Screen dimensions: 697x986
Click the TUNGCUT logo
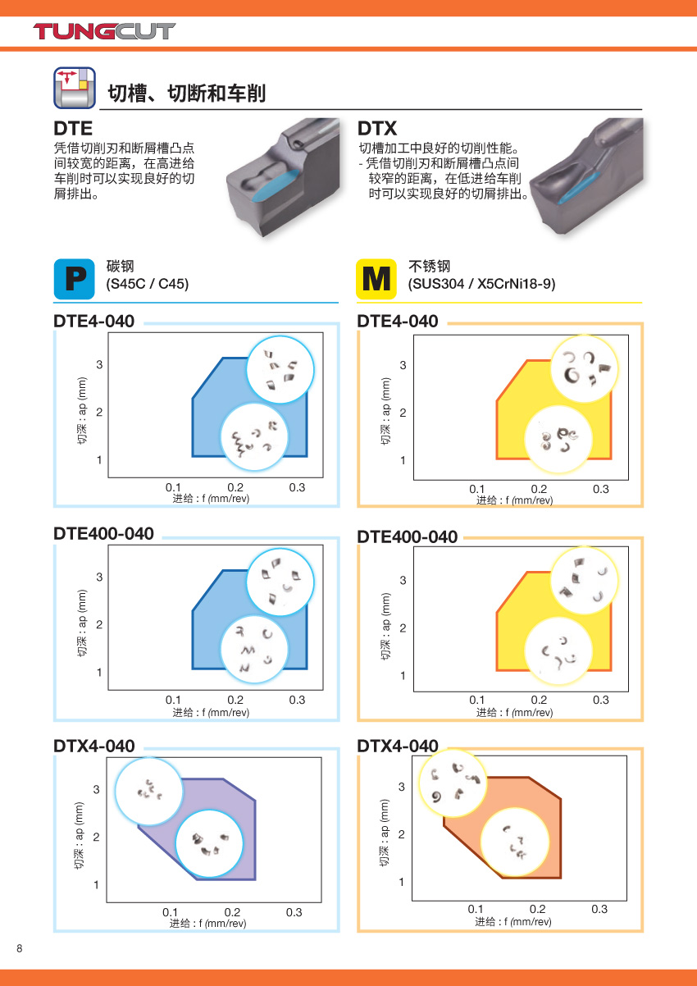tap(104, 31)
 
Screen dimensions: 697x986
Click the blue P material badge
tap(75, 279)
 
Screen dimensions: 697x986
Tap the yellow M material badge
tap(376, 279)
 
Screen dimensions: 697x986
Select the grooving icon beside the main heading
tap(75, 88)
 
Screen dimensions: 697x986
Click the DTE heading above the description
tap(73, 129)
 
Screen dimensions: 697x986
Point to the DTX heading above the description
tap(377, 129)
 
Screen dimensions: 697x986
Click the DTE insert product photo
tap(283, 177)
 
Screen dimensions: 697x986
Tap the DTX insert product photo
tap(585, 176)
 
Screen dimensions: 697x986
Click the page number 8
tap(20, 948)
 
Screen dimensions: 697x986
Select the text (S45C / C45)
tap(148, 284)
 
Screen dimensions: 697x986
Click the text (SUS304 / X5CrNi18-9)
tap(481, 284)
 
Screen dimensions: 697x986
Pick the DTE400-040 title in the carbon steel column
tap(103, 533)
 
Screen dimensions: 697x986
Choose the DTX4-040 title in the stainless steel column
tap(398, 746)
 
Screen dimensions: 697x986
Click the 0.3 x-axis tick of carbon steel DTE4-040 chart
tap(297, 487)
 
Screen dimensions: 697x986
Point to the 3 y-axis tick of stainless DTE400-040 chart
tap(403, 580)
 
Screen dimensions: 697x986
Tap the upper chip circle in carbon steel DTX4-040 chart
tap(149, 791)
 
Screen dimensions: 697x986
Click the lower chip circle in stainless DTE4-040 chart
tap(559, 440)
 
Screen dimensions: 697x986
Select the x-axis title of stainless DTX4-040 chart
tap(512, 921)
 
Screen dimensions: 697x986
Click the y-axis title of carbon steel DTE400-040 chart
tap(82, 623)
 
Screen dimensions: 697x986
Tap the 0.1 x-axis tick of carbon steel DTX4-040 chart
tap(171, 912)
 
